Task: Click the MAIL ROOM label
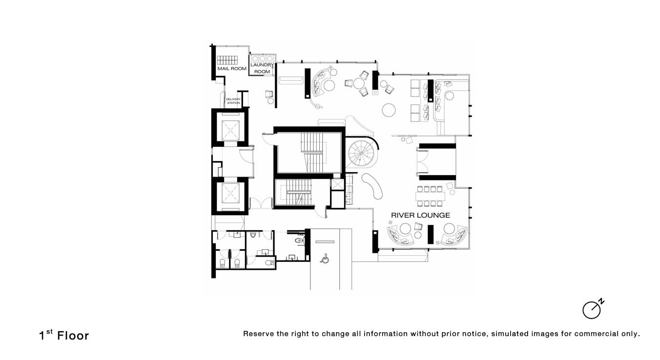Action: (x=232, y=69)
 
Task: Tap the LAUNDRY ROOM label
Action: (x=262, y=68)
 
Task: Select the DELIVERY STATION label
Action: (x=233, y=101)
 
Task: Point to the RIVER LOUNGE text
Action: (x=420, y=216)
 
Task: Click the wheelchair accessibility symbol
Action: (x=325, y=259)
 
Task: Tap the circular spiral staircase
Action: (x=362, y=154)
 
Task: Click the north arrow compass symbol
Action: (x=593, y=309)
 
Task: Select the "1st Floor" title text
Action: (x=64, y=335)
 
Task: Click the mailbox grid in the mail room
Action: (x=227, y=60)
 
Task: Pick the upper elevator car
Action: (x=230, y=130)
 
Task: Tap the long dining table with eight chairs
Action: (x=430, y=196)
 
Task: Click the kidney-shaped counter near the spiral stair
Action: (x=372, y=186)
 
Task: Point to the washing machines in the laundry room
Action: (x=262, y=59)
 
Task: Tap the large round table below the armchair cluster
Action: (x=389, y=110)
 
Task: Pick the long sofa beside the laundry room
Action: (x=291, y=80)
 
